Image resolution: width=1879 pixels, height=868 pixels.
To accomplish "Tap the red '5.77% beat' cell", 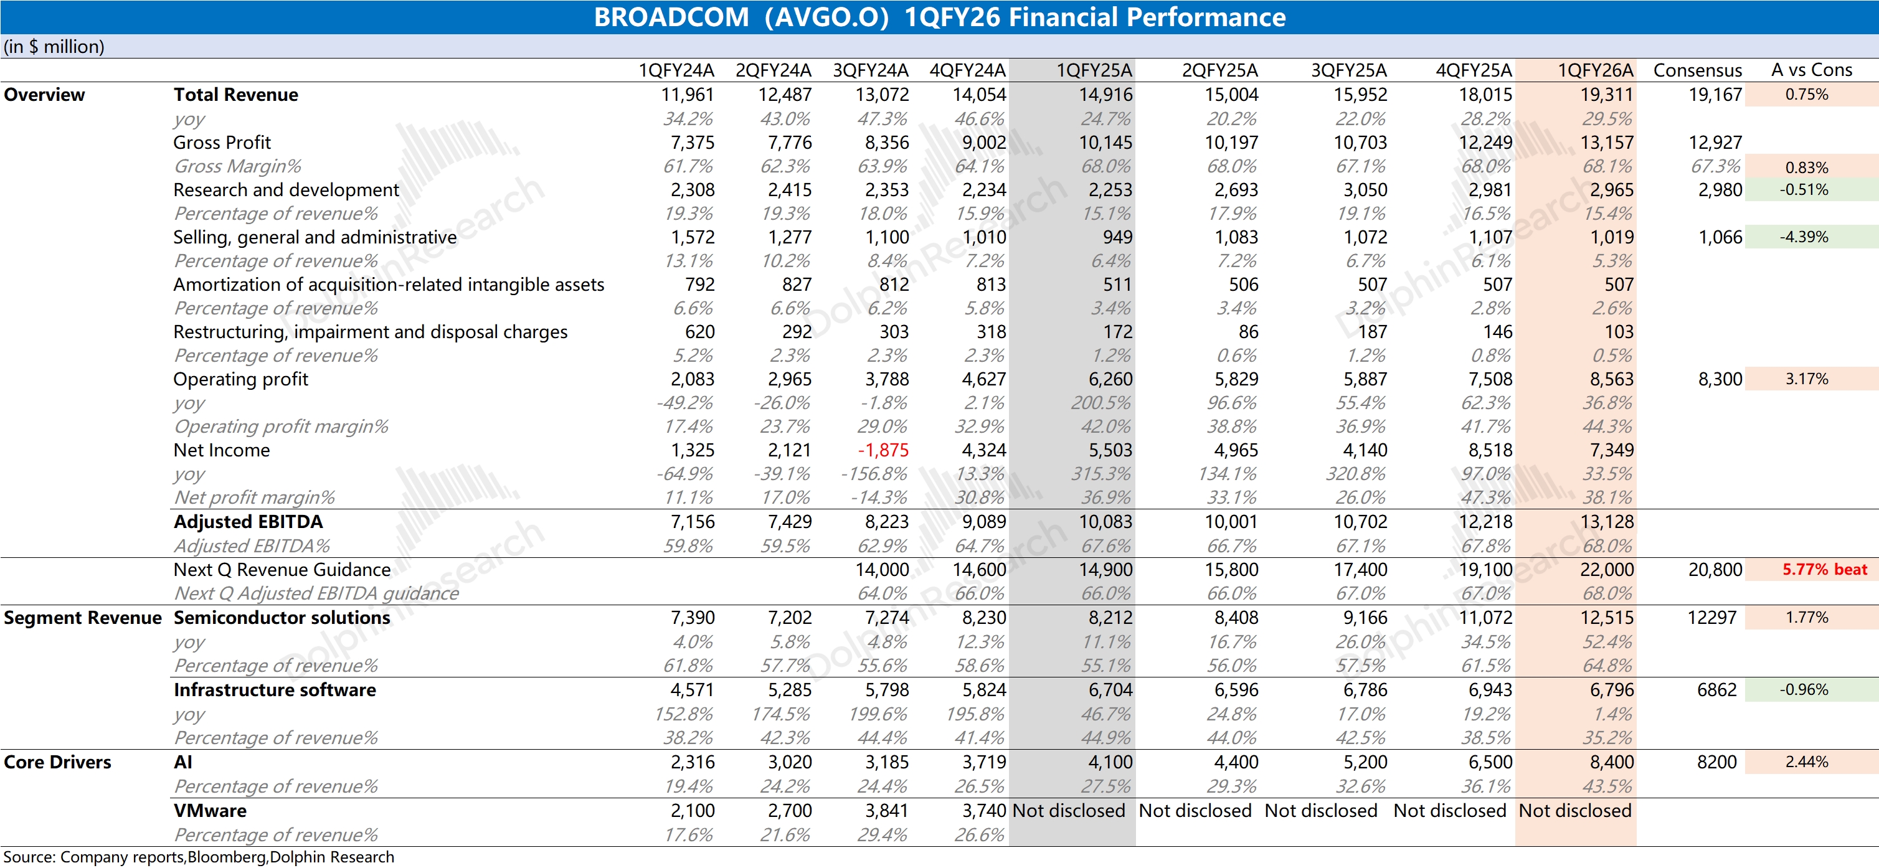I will pos(1824,569).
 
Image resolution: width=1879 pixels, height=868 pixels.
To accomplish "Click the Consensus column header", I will pos(1697,70).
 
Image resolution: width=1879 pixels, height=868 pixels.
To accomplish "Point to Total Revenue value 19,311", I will pos(1606,95).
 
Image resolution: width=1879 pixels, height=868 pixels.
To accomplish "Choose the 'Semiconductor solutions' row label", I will pos(282,618).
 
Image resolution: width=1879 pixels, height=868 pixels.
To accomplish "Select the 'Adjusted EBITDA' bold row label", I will pos(248,522).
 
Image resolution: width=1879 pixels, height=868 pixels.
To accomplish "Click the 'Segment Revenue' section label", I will pos(82,618).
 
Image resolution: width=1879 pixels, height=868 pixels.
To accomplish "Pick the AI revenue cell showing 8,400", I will pos(1611,762).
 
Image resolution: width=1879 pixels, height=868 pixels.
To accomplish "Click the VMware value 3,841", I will pos(886,810).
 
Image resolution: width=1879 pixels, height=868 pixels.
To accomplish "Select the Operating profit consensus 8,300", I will pos(1720,379).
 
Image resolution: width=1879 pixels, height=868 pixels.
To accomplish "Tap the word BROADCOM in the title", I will pos(671,17).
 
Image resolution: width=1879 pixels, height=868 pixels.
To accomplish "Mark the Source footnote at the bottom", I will pos(199,857).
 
